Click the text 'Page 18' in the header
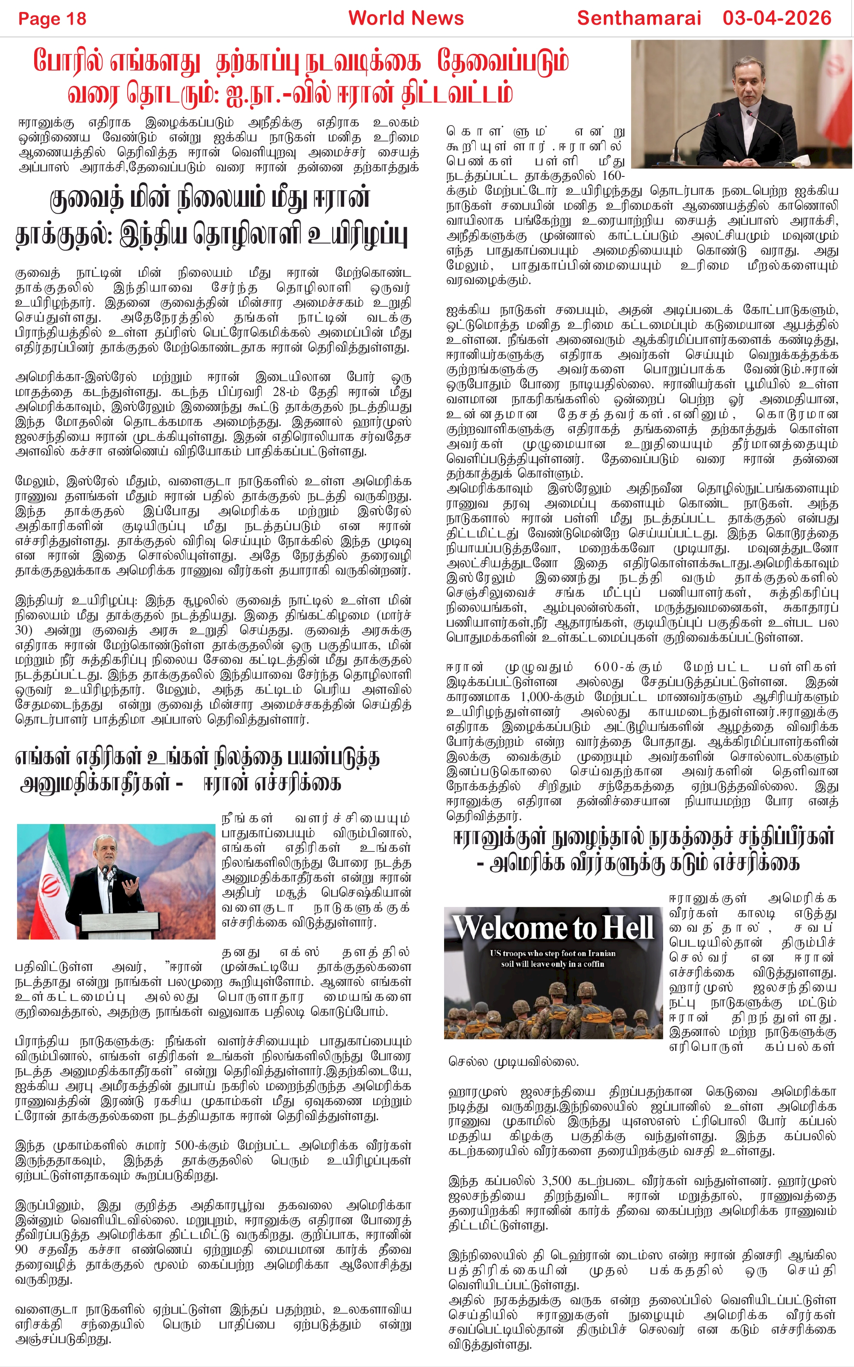click(52, 19)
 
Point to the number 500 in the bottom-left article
click(185, 1146)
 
